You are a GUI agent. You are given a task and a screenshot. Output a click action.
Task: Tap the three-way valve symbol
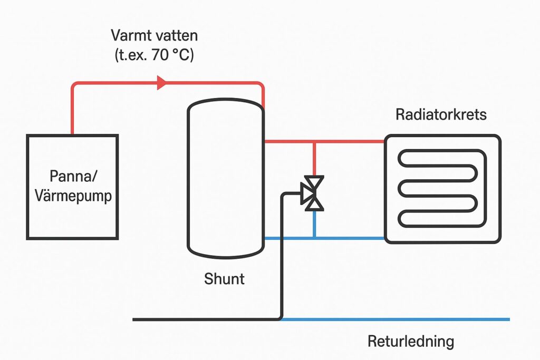pos(314,193)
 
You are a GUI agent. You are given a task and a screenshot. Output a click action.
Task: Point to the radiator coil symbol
pos(442,188)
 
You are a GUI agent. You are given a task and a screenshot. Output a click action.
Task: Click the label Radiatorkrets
pos(441,114)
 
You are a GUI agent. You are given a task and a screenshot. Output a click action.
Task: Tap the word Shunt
pos(224,278)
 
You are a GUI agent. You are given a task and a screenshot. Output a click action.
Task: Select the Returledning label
pos(410,341)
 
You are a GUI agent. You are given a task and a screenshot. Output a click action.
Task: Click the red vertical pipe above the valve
pos(314,158)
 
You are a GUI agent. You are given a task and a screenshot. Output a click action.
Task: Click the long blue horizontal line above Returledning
pos(396,319)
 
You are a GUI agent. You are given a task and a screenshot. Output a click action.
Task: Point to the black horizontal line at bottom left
pos(206,319)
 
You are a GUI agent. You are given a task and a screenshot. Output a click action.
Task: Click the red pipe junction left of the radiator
pos(314,142)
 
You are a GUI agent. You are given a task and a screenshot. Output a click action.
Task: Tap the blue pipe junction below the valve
pos(314,238)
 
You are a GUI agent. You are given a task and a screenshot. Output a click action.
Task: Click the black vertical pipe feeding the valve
pos(283,253)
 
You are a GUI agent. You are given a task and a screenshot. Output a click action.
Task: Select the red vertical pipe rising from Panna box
pos(72,111)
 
